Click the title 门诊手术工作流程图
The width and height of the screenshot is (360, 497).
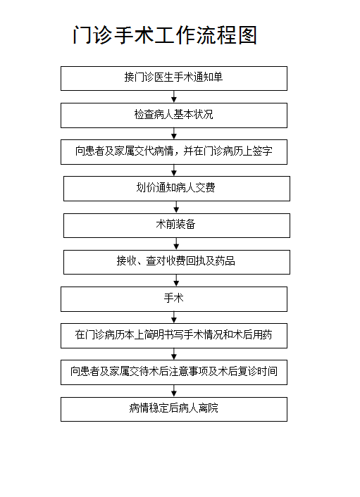click(x=165, y=34)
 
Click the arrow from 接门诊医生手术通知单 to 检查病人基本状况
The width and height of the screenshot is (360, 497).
click(x=174, y=96)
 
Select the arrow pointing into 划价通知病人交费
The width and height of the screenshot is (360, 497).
click(x=174, y=170)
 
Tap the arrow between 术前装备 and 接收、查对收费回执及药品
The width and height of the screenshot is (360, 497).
click(x=176, y=244)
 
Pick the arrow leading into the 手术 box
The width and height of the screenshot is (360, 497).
click(x=176, y=280)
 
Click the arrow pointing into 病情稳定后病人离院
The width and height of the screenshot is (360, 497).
click(x=174, y=391)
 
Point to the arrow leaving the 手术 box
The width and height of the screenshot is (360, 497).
click(x=174, y=317)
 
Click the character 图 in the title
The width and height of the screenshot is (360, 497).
click(x=247, y=35)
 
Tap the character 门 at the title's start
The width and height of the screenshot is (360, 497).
click(x=82, y=35)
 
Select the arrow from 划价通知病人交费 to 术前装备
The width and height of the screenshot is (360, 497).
click(x=176, y=207)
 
